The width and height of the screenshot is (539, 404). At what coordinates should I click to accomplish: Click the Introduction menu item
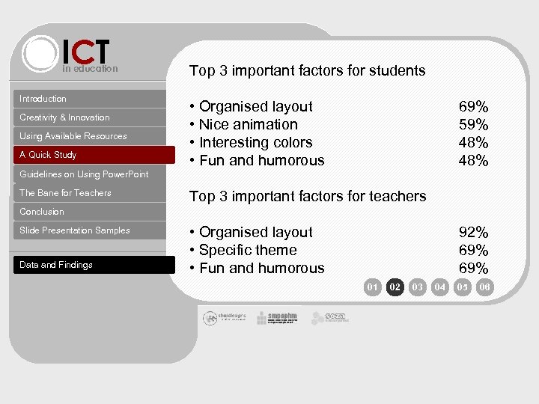coord(43,99)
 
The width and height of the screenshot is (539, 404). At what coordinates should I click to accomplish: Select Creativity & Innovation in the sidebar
coord(64,117)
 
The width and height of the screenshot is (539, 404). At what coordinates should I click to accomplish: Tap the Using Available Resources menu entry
coord(73,136)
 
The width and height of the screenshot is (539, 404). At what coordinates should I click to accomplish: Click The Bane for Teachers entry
coord(65,193)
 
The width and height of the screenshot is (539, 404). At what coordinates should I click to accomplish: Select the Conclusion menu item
coord(42,212)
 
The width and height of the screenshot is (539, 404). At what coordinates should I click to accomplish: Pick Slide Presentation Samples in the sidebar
coord(75,230)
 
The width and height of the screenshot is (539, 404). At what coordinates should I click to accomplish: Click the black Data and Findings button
coord(56,265)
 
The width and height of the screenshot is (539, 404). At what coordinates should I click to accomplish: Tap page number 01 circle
coord(372,287)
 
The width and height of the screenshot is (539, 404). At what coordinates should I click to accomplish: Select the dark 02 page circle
coord(395,287)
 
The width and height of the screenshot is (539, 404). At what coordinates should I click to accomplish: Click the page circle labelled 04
coord(440,287)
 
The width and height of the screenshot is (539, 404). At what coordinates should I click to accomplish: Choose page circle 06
coord(485,287)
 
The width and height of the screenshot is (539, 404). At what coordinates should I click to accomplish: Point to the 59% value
coord(473,125)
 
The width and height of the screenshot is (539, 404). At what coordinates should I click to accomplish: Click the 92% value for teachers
coord(473,233)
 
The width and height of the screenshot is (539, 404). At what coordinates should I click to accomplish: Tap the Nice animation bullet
coord(248,125)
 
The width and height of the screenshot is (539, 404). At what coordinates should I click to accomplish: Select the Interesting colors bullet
coord(255,143)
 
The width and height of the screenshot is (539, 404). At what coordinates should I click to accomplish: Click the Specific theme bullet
coord(247,251)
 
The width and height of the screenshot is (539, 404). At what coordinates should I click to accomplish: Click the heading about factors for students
coord(307,71)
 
